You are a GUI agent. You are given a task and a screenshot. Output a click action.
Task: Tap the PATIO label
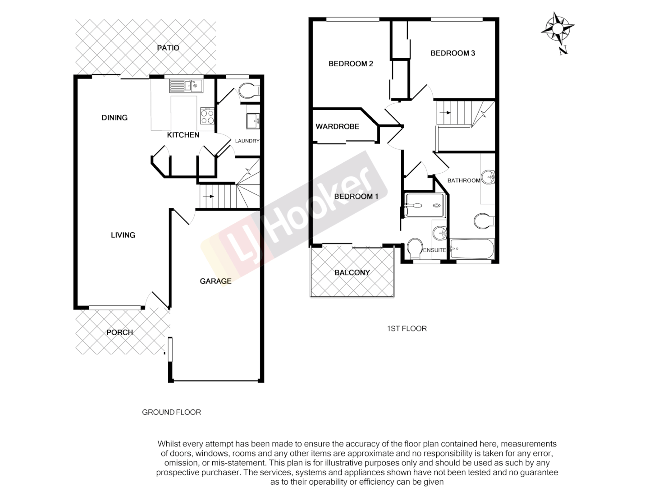(x=168, y=48)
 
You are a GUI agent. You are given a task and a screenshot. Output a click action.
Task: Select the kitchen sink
(x=186, y=85)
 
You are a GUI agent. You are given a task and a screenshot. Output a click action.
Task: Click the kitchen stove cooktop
(x=207, y=116)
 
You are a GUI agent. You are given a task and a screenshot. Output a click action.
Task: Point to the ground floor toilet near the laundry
(x=247, y=91)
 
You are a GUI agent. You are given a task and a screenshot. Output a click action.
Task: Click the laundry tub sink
(x=252, y=121)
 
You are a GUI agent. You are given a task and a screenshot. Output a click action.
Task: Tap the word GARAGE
(x=215, y=281)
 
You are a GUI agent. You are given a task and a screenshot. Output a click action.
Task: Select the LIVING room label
(x=123, y=235)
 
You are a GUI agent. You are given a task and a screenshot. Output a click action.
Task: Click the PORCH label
(x=119, y=332)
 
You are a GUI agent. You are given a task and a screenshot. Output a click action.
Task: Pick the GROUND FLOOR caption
(x=171, y=412)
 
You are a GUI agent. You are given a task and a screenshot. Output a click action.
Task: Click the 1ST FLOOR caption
(x=407, y=329)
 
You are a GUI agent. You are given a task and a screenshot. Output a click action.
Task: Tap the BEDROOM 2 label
(x=351, y=64)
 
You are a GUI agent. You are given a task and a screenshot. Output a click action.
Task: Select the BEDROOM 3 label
(x=452, y=53)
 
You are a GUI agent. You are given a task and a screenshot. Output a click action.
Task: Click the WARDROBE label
(x=337, y=127)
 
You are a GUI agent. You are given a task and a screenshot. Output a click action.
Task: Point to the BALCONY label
(x=352, y=272)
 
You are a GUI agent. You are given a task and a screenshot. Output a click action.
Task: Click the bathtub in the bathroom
(x=472, y=248)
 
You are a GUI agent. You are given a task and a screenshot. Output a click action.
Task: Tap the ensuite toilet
(x=413, y=249)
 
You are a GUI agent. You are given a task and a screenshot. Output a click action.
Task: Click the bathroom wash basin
(x=488, y=177)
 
